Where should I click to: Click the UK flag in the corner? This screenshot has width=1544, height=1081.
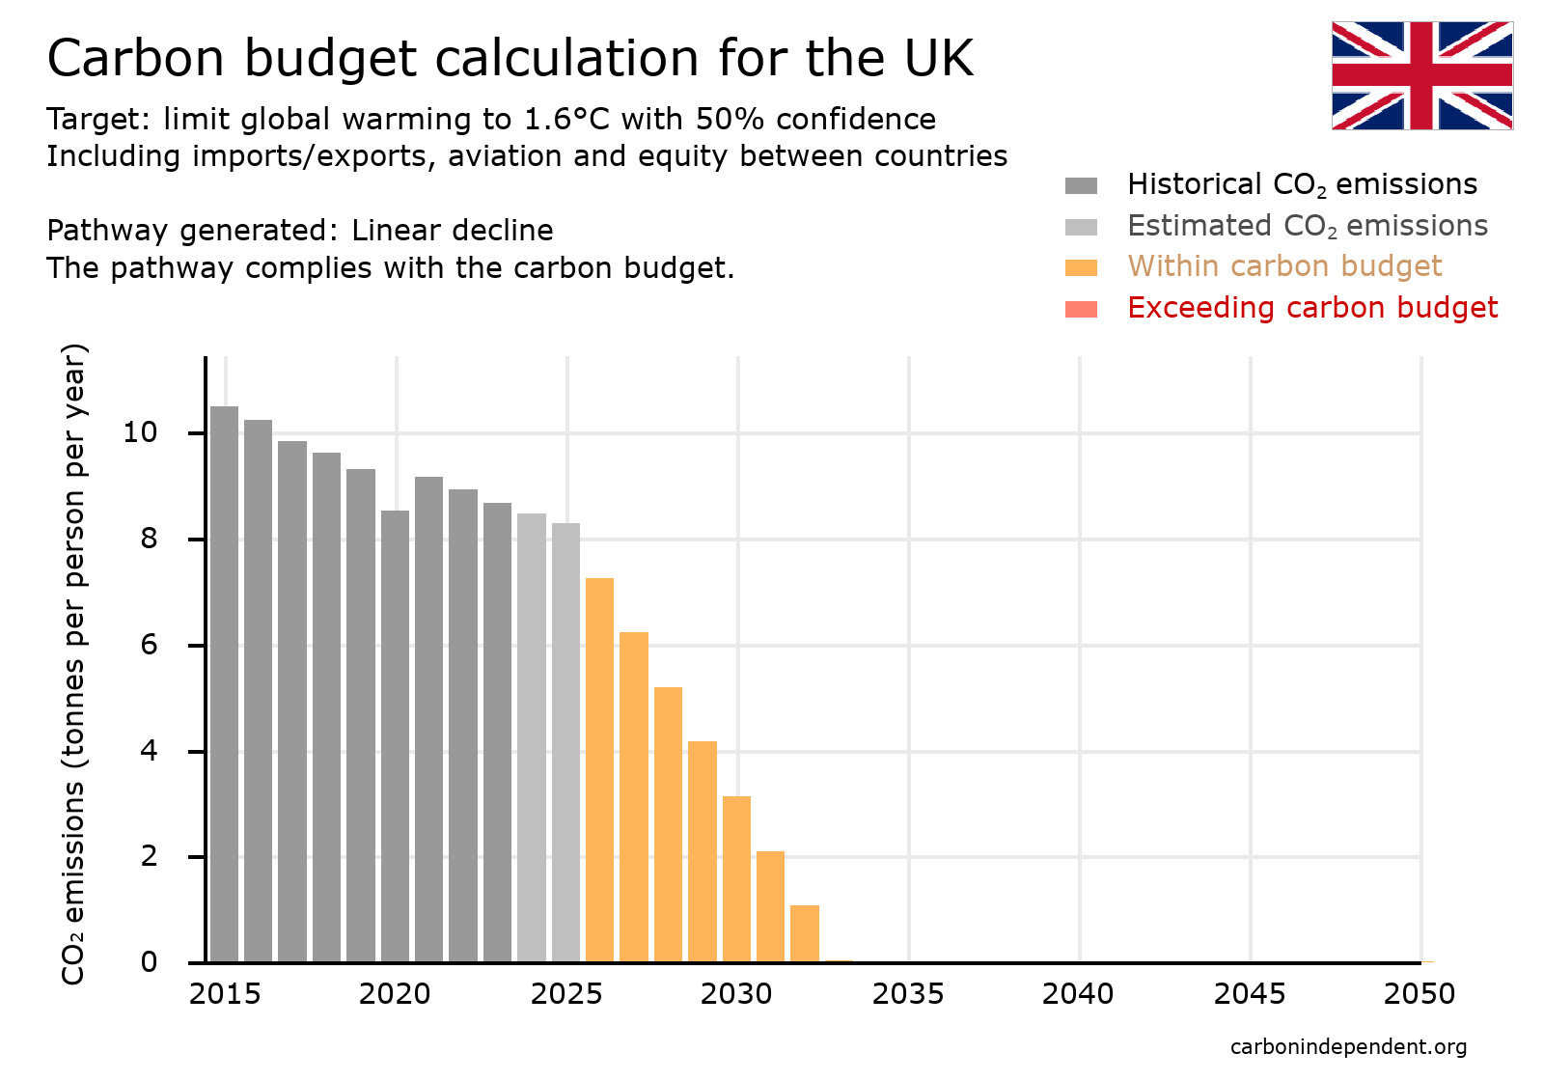1421,75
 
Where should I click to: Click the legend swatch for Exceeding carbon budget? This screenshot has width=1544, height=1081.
1081,309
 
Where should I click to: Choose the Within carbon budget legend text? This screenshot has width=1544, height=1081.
1283,266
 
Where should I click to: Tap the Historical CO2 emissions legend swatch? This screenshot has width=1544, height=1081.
1081,185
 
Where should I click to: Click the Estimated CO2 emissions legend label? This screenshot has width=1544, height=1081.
1307,226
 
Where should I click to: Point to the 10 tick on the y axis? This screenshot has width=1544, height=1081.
140,432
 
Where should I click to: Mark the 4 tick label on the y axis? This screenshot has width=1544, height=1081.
148,751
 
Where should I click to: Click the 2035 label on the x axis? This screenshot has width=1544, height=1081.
907,994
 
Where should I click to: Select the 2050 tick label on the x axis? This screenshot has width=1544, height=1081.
1419,994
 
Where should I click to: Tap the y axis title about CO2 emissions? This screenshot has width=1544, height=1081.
74,663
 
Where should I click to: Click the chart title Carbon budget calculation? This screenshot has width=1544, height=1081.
510,58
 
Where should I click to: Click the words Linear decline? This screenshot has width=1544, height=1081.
452,231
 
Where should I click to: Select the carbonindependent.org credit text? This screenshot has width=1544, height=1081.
1348,1047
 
